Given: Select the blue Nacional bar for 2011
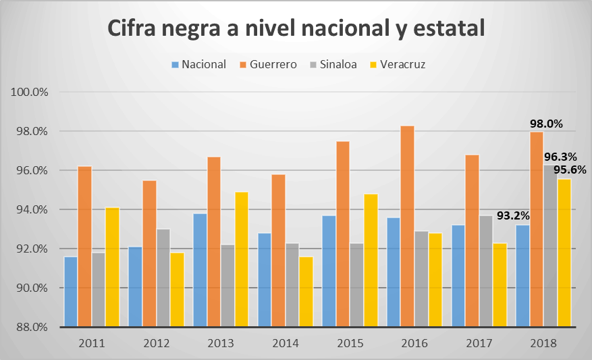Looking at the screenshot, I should point(71,292).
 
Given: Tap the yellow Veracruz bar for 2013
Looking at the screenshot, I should point(242,259).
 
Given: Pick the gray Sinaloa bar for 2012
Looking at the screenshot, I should point(163,278).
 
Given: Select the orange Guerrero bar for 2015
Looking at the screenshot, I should point(344,234).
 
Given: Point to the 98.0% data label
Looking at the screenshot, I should point(546,124).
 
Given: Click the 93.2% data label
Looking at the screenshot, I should point(513,216).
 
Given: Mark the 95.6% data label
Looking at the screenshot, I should point(570,170).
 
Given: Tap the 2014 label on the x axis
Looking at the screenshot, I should point(285,343).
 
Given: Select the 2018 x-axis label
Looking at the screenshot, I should point(543,343).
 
